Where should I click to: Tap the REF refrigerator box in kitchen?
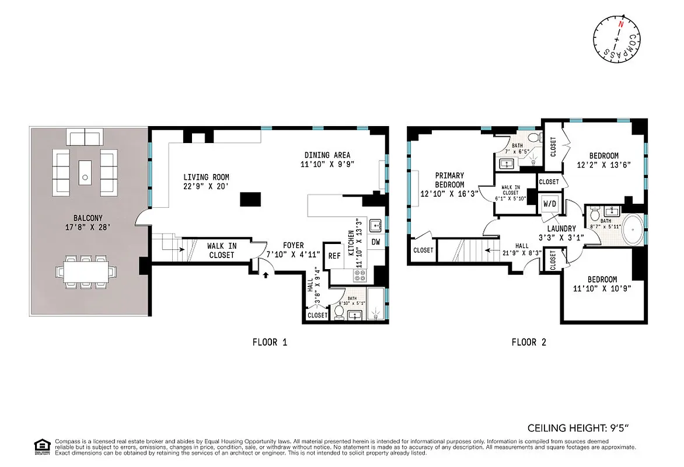pos(334,256)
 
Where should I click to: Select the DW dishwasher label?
pos(376,241)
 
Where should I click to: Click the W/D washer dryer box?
pos(550,204)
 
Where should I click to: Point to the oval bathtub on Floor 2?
pos(633,230)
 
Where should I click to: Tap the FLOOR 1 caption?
pos(270,343)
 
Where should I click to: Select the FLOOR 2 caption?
pos(529,343)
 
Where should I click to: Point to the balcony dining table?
pos(86,271)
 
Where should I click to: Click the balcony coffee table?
pos(86,170)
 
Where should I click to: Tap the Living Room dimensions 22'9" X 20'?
pos(206,187)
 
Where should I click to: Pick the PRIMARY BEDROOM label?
pos(449,180)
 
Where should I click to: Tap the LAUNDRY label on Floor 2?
pos(561,228)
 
